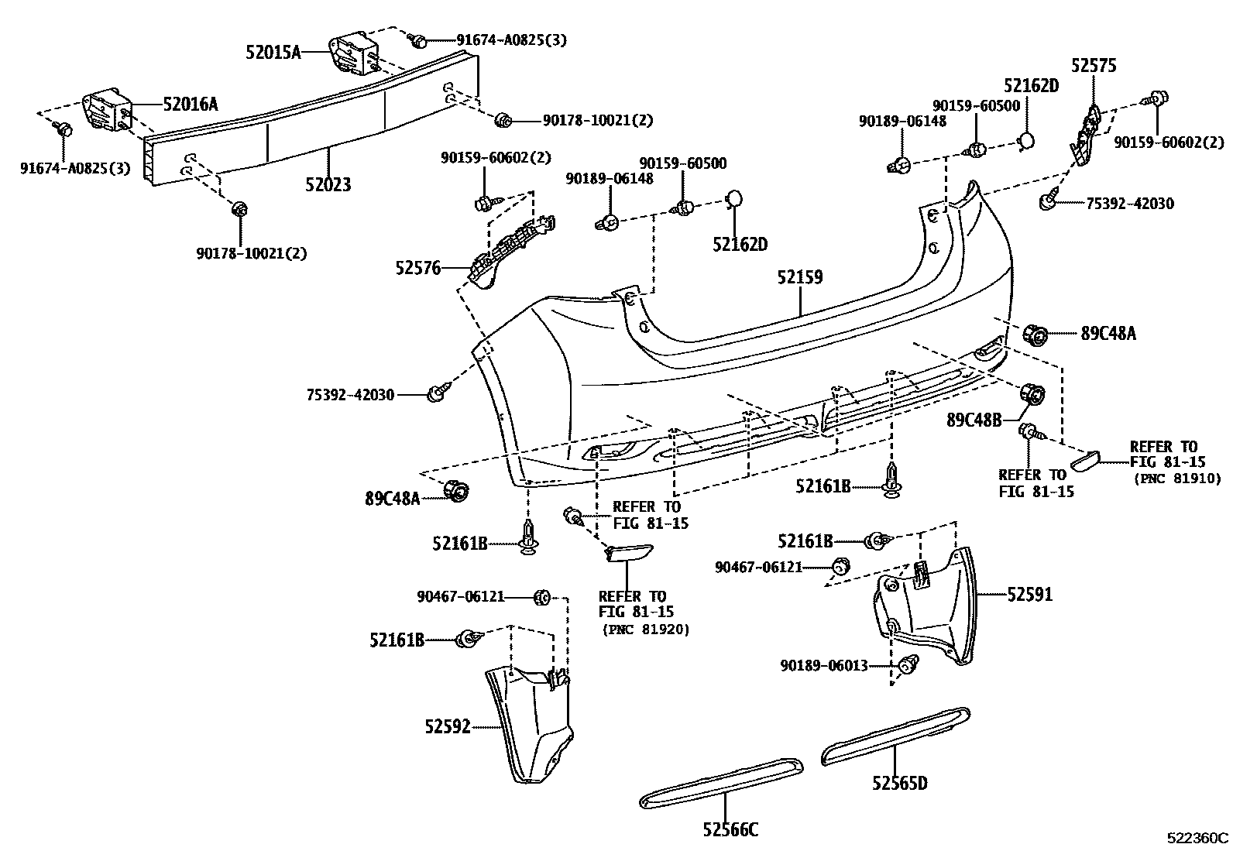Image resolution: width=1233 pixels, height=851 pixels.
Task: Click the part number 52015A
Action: [273, 53]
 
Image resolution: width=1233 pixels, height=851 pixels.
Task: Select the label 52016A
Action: [190, 104]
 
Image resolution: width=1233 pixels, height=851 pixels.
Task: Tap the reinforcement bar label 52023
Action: [327, 185]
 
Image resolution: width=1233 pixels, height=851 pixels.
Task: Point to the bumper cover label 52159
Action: [800, 277]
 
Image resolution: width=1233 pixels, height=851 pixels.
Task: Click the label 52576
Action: [417, 269]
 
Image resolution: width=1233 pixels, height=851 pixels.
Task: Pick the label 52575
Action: [1094, 66]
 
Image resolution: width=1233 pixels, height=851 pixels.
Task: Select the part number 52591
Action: [1030, 595]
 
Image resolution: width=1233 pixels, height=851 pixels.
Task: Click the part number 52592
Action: [447, 727]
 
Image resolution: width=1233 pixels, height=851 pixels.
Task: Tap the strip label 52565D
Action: [899, 784]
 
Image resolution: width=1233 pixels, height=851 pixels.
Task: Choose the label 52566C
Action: [730, 830]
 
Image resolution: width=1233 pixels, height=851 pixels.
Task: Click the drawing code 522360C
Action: [1198, 839]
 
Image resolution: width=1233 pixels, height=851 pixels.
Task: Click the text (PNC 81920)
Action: [645, 630]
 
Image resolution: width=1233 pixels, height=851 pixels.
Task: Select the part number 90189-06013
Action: [823, 665]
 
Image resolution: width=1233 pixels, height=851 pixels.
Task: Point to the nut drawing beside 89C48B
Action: [1033, 393]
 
